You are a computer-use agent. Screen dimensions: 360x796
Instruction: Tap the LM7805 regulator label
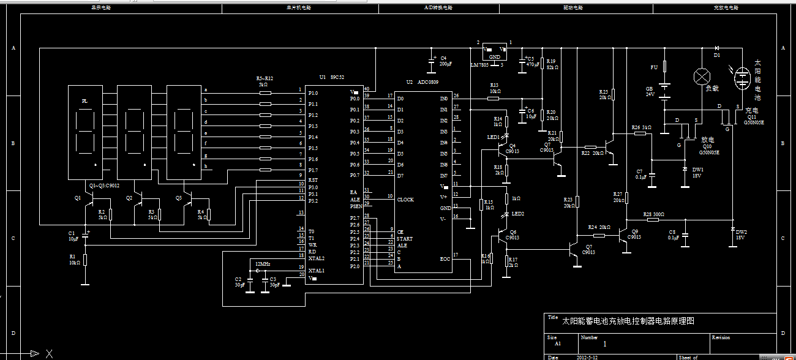(479, 65)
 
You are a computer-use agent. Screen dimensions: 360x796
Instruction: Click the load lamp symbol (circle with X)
(700, 77)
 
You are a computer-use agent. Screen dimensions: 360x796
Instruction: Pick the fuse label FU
(653, 67)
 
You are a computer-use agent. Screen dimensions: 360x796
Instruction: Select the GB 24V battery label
(650, 92)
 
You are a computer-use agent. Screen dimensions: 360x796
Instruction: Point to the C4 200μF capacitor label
(445, 61)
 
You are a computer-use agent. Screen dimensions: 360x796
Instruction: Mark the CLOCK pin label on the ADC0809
(405, 200)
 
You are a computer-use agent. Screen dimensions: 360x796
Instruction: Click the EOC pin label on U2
(445, 259)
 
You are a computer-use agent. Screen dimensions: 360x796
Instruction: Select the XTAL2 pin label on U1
(316, 258)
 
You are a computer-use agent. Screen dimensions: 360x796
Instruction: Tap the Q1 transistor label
(78, 198)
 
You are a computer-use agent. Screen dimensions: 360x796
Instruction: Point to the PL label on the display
(85, 101)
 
